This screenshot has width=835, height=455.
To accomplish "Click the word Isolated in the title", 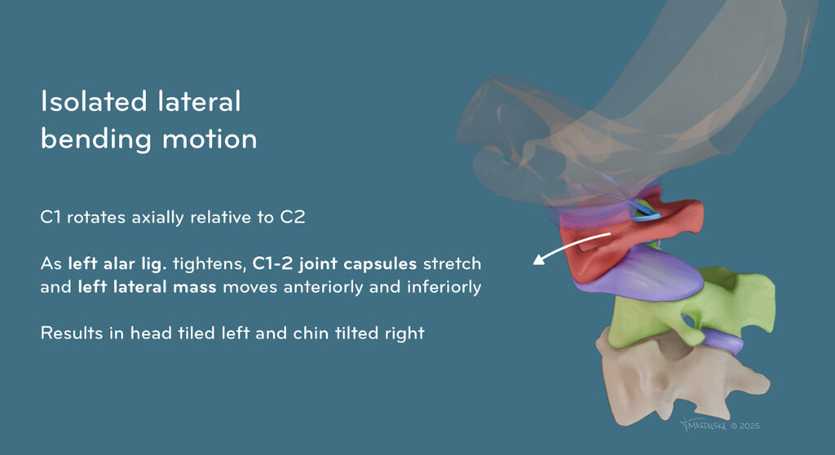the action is pyautogui.click(x=94, y=101).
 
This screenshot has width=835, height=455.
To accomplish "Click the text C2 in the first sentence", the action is pyautogui.click(x=293, y=217).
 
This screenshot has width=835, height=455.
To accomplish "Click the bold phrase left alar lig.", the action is pyautogui.click(x=117, y=263).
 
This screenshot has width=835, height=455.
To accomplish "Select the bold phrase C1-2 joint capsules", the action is pyautogui.click(x=334, y=263).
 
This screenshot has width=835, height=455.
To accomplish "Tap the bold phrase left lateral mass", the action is pyautogui.click(x=147, y=287).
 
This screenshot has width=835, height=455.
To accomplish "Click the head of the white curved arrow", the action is pyautogui.click(x=539, y=259).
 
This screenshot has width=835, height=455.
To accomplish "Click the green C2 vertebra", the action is pyautogui.click(x=692, y=309).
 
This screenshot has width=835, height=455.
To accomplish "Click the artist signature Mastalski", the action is pyautogui.click(x=703, y=425).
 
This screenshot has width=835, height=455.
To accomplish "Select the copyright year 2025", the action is pyautogui.click(x=750, y=426).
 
